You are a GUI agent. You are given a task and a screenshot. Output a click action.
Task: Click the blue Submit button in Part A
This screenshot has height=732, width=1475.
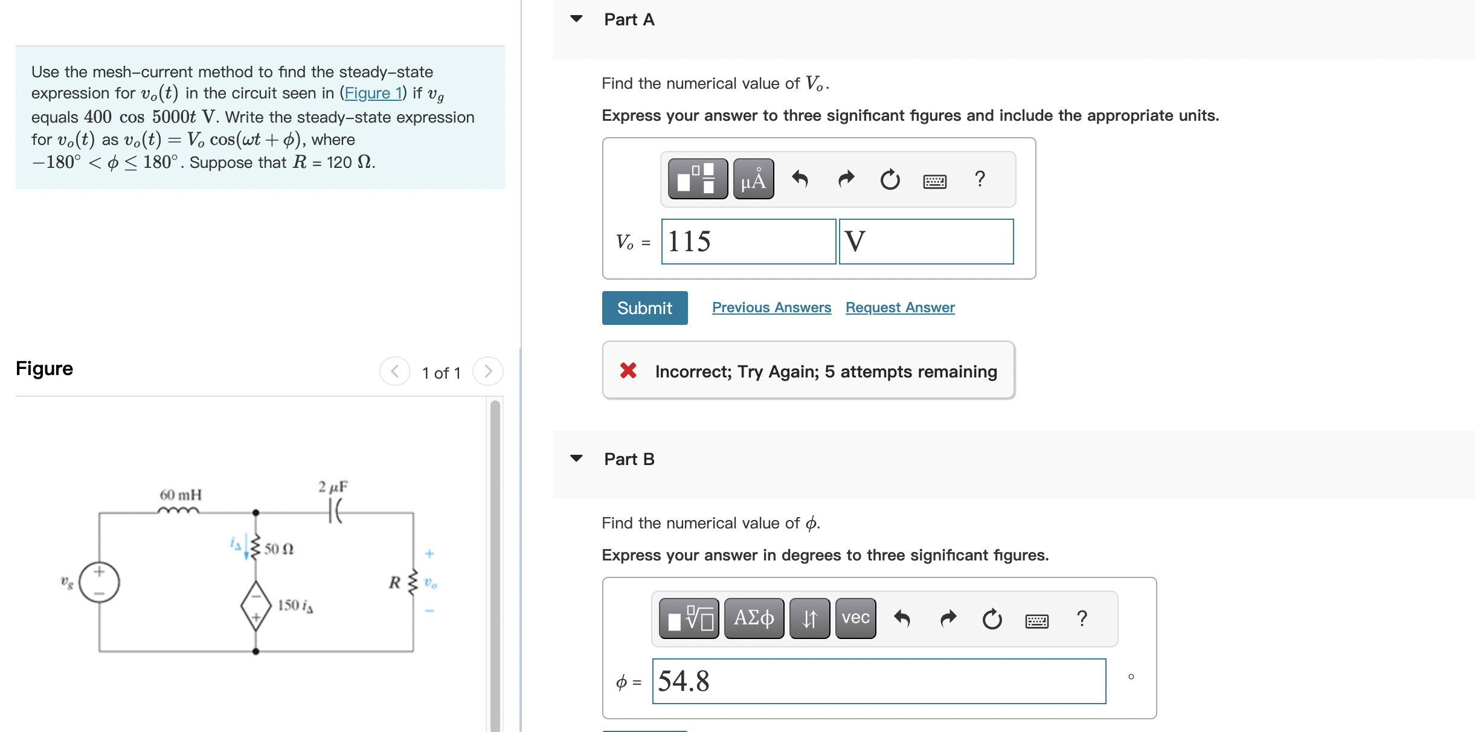click(644, 308)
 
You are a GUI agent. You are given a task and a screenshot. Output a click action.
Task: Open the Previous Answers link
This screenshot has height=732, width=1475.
click(771, 307)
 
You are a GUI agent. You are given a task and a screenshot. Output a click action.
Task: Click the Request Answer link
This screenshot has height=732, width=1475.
click(900, 307)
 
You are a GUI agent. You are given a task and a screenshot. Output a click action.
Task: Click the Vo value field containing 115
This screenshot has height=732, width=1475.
click(748, 242)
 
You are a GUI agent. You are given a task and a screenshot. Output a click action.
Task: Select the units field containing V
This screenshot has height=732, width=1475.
click(926, 242)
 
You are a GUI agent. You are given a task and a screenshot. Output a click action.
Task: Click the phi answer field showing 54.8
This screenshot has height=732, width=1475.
click(879, 681)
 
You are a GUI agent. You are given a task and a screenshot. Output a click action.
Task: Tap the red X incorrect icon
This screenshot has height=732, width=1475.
click(628, 370)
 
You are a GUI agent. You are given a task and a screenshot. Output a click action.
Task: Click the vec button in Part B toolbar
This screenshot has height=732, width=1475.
click(855, 618)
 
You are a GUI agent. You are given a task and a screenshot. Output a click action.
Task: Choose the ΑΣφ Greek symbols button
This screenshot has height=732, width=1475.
click(754, 618)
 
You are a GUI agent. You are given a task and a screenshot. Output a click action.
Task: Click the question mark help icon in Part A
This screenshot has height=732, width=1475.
click(980, 179)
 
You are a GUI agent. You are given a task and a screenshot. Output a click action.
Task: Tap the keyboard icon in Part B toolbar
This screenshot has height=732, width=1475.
click(1036, 620)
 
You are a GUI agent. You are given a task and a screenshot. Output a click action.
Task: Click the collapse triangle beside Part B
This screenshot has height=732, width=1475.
click(577, 458)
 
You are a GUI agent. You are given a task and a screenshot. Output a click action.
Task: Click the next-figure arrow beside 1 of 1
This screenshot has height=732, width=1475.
click(488, 371)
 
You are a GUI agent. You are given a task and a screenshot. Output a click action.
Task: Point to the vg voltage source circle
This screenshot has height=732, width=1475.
click(100, 582)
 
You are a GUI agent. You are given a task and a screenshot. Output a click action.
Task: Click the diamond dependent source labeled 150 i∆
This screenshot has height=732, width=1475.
click(256, 606)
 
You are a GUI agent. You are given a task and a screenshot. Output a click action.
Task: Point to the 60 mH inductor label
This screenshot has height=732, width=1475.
click(181, 495)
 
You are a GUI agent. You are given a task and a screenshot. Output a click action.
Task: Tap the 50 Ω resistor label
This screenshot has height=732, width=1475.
click(279, 548)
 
